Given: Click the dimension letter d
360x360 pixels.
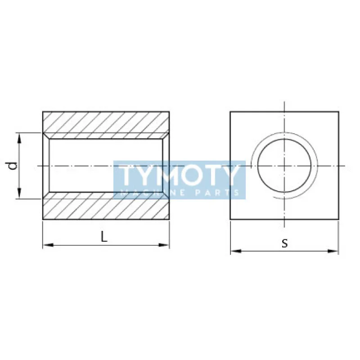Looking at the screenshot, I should click(x=14, y=166).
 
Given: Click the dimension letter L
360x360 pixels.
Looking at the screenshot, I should click(x=104, y=237).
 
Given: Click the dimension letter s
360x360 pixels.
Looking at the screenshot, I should click(x=284, y=243).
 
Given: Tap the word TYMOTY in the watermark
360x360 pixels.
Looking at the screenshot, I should click(x=180, y=175).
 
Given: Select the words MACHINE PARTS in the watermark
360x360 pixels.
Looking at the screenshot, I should click(x=180, y=193).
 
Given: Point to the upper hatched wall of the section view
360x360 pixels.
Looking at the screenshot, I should click(x=106, y=122).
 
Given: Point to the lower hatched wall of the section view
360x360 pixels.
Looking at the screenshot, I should click(x=106, y=208).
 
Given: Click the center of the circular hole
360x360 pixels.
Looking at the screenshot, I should click(x=284, y=166).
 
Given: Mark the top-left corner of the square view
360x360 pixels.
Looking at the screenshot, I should click(x=230, y=111).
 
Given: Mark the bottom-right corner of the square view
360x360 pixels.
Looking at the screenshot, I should click(x=338, y=220).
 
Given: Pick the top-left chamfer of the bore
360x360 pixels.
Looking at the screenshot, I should click(x=46, y=136).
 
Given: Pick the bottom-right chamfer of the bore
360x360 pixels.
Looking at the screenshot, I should click(x=166, y=195).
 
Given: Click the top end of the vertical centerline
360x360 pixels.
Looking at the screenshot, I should click(x=284, y=103).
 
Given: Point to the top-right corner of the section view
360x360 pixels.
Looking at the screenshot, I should click(x=169, y=111).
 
